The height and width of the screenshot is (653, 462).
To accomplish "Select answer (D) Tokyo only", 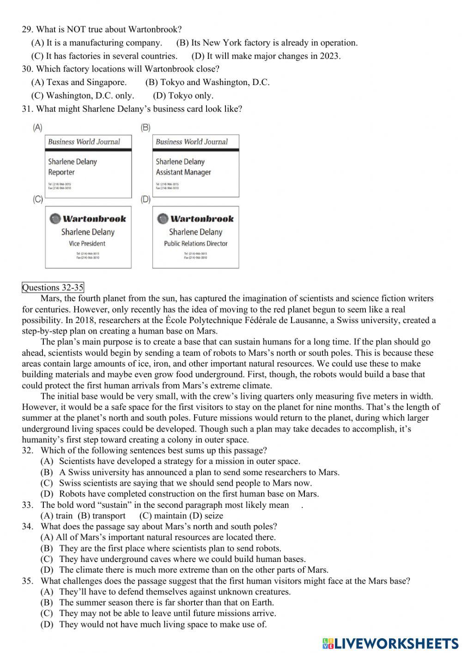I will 183,96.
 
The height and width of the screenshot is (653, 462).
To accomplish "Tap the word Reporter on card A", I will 61,172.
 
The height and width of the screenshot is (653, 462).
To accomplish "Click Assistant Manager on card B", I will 183,172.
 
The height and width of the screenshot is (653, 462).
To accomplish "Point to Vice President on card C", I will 87,243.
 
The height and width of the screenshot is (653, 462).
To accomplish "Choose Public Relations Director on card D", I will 195,243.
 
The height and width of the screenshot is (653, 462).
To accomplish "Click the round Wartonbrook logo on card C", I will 55,219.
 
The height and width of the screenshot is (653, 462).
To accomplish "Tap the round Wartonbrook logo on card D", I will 163,219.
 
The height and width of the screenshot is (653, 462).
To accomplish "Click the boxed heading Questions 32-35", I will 53,287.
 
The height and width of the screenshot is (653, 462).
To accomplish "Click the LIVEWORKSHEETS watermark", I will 390,643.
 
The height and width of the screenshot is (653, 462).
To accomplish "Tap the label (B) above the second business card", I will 146,127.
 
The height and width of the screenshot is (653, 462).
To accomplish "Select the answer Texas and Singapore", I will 79,82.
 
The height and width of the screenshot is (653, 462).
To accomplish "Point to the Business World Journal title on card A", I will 84,142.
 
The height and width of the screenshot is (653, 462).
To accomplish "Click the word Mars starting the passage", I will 50,299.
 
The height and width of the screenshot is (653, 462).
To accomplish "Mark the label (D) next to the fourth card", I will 146,199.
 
